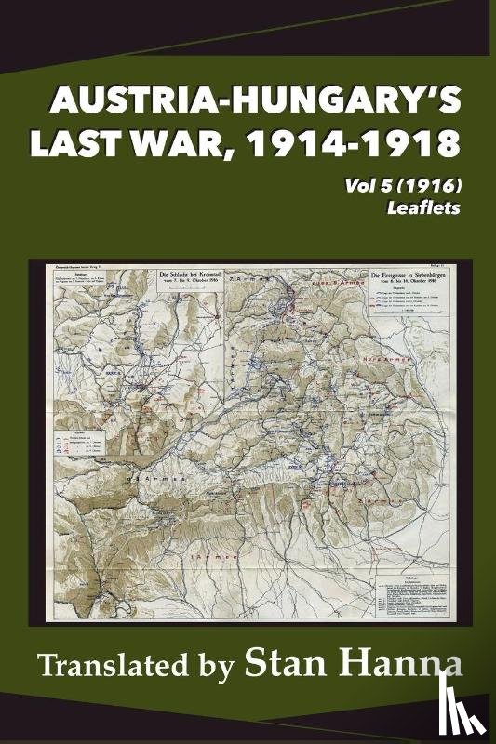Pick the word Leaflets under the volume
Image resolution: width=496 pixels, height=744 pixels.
[433, 210]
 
